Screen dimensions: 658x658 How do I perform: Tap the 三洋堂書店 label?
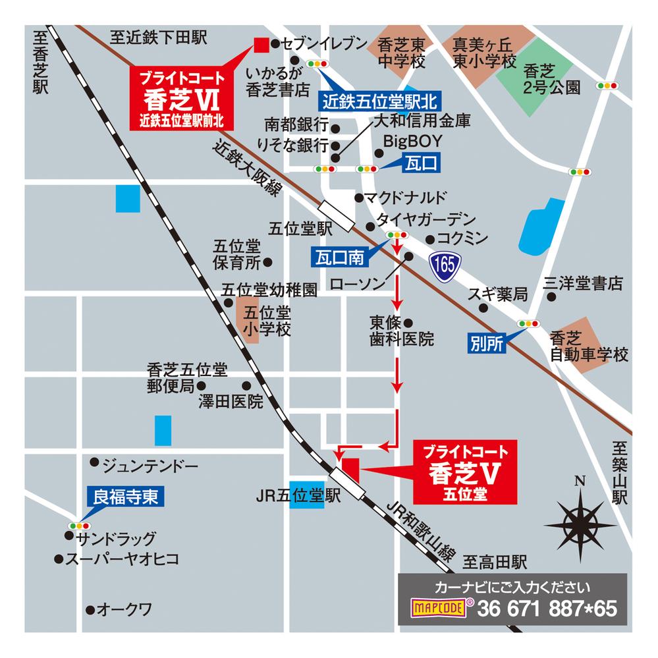click(x=582, y=284)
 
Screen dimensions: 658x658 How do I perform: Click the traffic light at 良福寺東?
click(x=78, y=526)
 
